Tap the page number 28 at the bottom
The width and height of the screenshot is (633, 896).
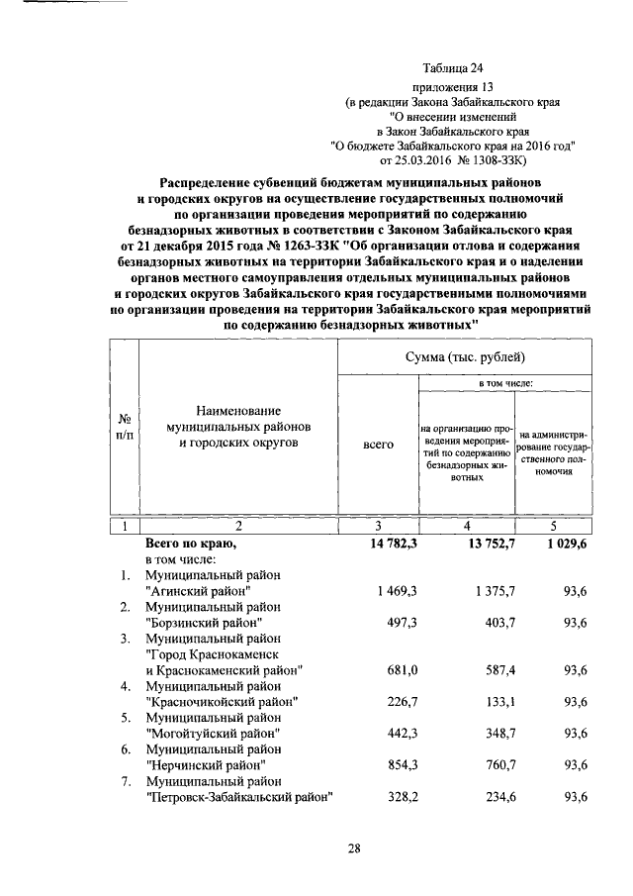354,848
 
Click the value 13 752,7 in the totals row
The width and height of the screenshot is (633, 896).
484,544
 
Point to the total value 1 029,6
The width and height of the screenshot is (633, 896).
564,544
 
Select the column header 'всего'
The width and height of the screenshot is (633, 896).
379,446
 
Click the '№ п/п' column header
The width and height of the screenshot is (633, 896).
125,427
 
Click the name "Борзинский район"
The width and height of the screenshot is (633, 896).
204,623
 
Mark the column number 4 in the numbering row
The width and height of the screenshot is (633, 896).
466,525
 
